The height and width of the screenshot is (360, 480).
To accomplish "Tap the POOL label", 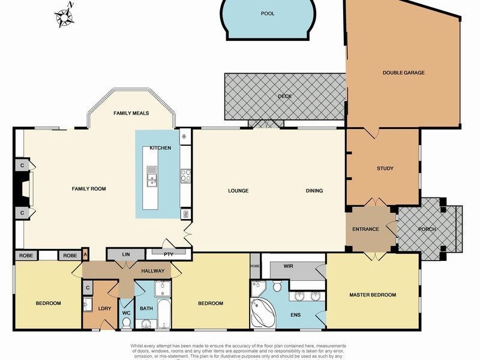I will pyautogui.click(x=268, y=13).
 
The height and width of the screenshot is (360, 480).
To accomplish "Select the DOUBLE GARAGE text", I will pyautogui.click(x=403, y=73).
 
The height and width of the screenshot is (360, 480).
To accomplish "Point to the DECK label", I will pyautogui.click(x=284, y=96).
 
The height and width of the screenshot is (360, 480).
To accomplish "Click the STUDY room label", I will pyautogui.click(x=385, y=169).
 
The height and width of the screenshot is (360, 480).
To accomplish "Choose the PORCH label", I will pyautogui.click(x=427, y=229).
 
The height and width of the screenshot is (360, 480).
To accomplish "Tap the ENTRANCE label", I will pyautogui.click(x=365, y=229).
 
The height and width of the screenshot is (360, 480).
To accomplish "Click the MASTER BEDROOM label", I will pyautogui.click(x=373, y=295).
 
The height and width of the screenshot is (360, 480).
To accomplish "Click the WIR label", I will pyautogui.click(x=288, y=266).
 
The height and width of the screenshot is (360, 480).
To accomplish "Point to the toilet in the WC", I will pyautogui.click(x=127, y=322).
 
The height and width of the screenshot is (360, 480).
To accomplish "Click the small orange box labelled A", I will pyautogui.click(x=85, y=254).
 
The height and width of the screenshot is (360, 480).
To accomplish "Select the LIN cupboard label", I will pyautogui.click(x=126, y=254).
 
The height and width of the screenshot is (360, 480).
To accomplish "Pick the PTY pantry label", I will pyautogui.click(x=169, y=254).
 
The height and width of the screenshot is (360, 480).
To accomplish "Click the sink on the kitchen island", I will pyautogui.click(x=152, y=176).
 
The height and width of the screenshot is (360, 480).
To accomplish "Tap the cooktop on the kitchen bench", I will pyautogui.click(x=186, y=175).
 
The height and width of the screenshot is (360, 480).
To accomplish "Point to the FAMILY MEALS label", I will pyautogui.click(x=131, y=113).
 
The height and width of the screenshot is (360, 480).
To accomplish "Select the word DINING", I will pyautogui.click(x=314, y=191).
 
